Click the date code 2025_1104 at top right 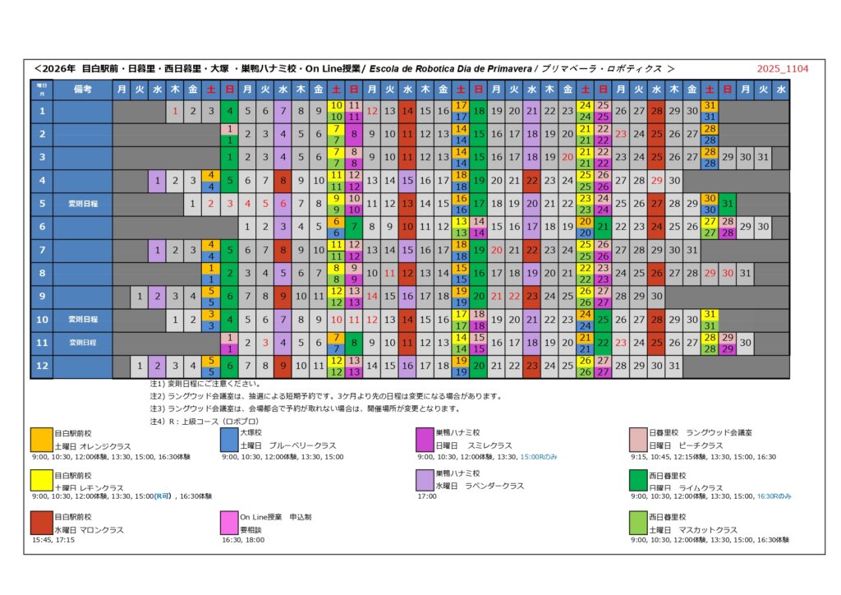click(x=783, y=68)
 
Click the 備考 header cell click(x=82, y=89)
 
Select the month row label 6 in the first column click(x=42, y=225)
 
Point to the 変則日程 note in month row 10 click(x=82, y=319)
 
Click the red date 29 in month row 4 click(x=656, y=179)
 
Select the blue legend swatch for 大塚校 click(x=229, y=439)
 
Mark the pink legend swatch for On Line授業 click(x=229, y=524)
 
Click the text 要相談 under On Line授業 click(x=250, y=530)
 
